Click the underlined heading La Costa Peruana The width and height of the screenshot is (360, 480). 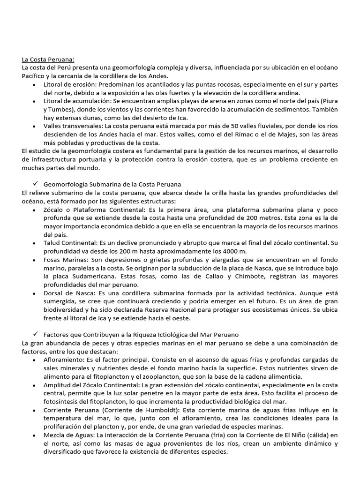tap(48, 60)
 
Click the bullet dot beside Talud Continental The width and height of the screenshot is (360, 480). tap(35, 243)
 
